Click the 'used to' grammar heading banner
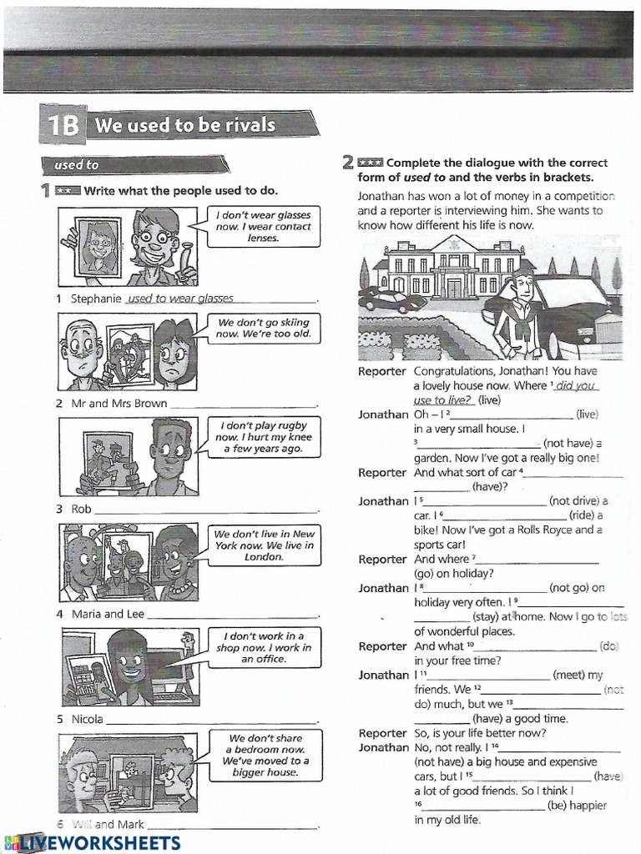(x=77, y=165)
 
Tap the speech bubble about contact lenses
(x=262, y=226)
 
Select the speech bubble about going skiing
(x=263, y=328)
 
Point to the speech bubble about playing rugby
(x=263, y=436)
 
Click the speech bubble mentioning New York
(x=263, y=545)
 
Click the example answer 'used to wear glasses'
(x=179, y=299)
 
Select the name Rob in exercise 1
(x=81, y=509)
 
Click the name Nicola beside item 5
(x=87, y=719)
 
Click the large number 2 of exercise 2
(x=348, y=163)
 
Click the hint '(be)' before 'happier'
(x=558, y=805)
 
